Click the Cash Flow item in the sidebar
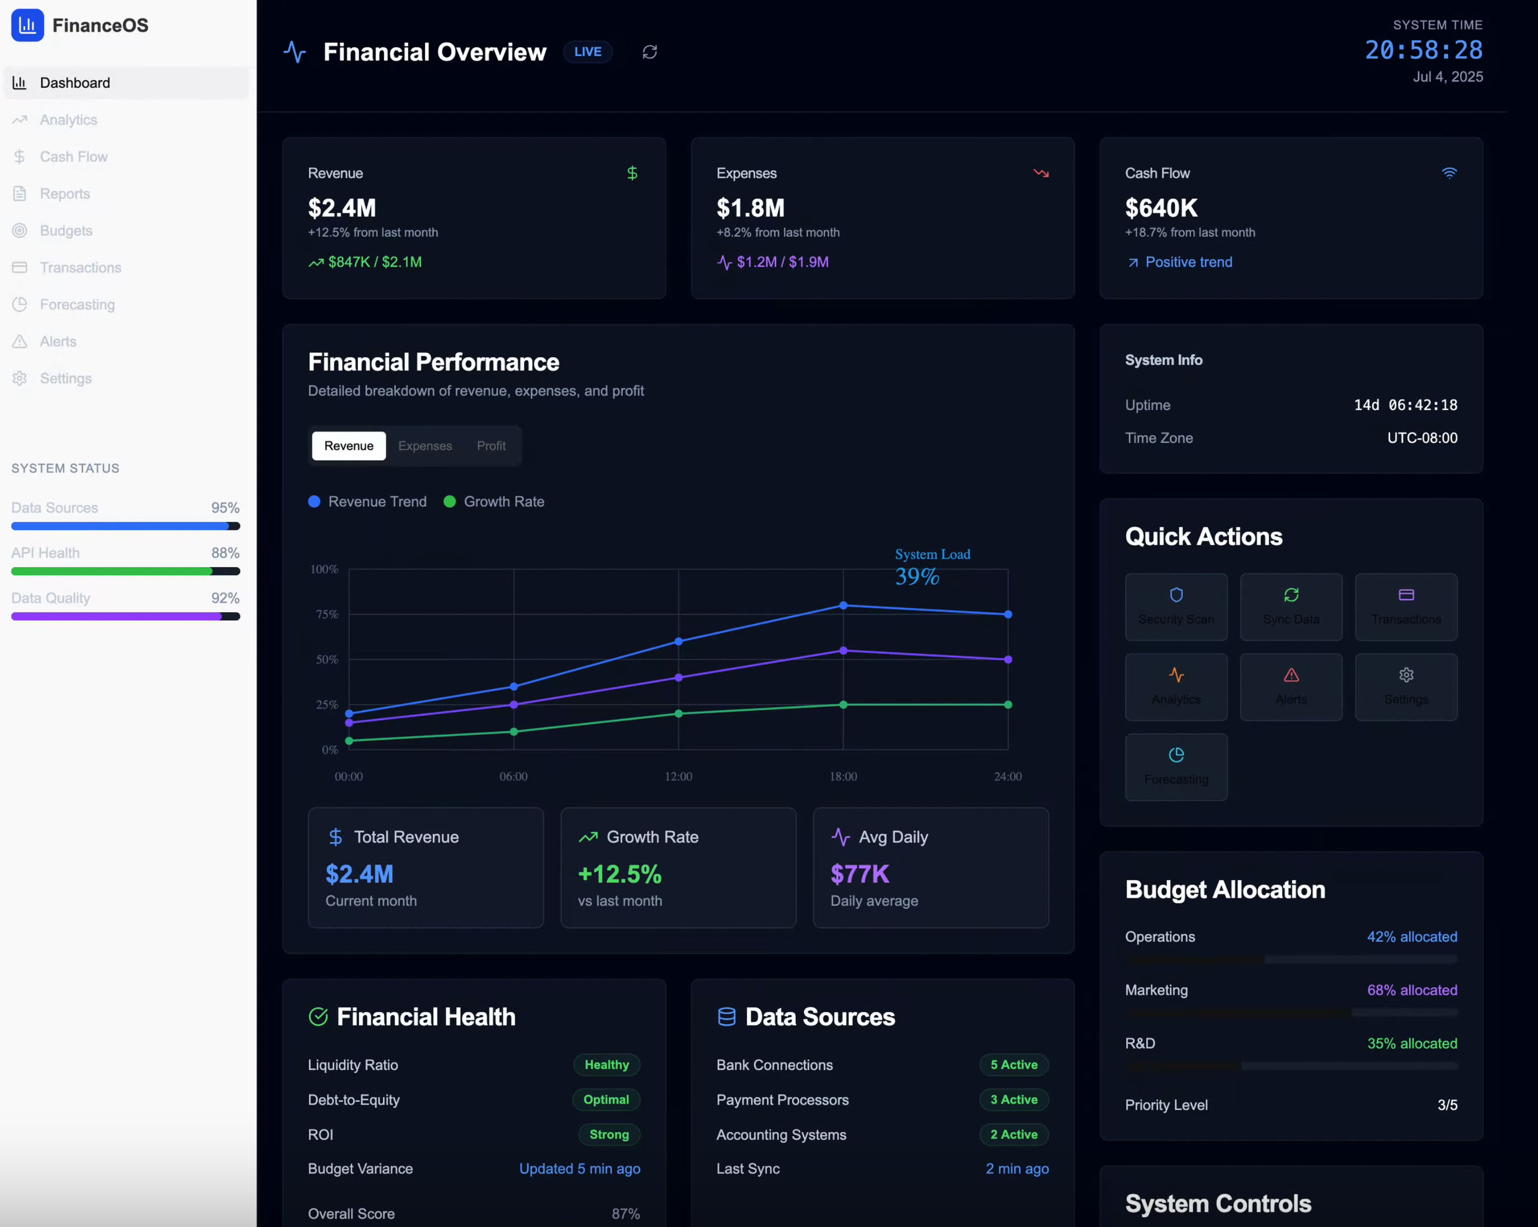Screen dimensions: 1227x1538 74,157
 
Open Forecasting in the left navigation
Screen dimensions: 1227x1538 77,304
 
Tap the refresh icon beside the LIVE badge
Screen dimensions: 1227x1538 649,52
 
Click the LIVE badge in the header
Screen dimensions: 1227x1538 588,52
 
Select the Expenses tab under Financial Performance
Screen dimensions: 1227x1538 425,446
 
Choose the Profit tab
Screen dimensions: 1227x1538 491,446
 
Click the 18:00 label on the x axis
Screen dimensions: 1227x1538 843,776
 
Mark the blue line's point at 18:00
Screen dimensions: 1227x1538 843,605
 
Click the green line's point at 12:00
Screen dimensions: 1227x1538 678,714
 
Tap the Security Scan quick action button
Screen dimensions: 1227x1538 1175,607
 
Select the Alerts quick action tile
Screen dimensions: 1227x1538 1290,686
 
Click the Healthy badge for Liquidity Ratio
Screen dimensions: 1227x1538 607,1064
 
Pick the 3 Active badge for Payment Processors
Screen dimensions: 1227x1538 1013,1099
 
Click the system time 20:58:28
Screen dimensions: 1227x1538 1423,50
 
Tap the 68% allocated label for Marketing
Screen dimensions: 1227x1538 1411,990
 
